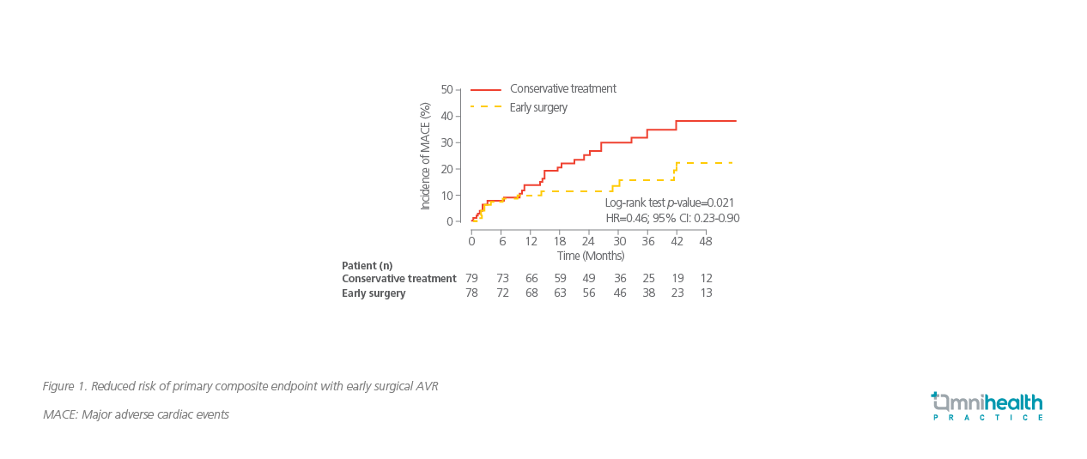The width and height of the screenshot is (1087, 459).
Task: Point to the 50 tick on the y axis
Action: (446, 89)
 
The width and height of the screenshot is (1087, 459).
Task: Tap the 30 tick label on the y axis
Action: (446, 142)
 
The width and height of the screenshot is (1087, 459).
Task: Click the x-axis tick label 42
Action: (677, 241)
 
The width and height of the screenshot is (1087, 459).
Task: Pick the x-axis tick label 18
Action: (560, 241)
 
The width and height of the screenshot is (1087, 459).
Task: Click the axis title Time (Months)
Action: (590, 256)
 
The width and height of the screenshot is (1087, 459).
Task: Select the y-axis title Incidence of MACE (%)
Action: (425, 155)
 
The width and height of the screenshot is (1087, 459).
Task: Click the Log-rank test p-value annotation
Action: (670, 202)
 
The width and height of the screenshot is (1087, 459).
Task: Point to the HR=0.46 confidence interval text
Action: (672, 219)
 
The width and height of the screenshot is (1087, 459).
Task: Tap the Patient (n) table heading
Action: (367, 265)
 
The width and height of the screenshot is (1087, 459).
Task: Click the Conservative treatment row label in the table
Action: (398, 279)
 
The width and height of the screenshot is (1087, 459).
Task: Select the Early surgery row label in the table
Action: (373, 293)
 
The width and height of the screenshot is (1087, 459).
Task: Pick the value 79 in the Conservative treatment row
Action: (471, 279)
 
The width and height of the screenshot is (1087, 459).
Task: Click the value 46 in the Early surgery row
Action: (619, 293)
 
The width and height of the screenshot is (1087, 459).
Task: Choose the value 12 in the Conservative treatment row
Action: (706, 279)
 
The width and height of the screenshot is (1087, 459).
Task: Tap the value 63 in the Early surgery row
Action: (560, 293)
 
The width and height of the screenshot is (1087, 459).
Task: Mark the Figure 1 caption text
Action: (240, 386)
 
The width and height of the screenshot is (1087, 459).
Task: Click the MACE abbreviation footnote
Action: (136, 414)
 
